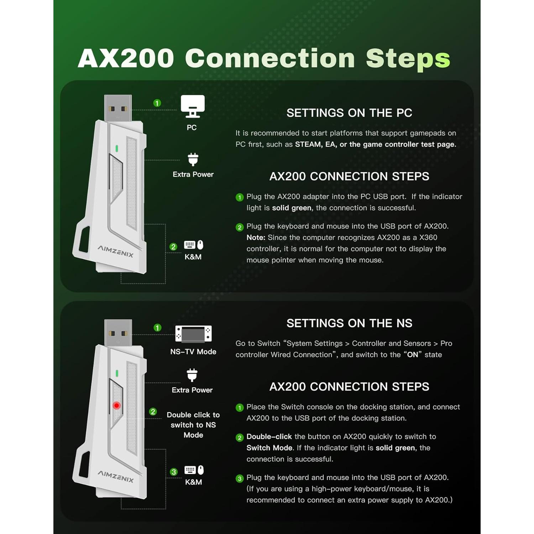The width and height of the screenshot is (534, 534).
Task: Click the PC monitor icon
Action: pos(193,106)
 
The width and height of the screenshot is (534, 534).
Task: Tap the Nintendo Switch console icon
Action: pos(193,334)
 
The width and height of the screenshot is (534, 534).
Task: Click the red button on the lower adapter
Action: pos(116,405)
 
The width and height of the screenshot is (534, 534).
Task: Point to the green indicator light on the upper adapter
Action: pos(117,148)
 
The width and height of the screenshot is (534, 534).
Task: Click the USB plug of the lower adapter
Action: pos(118,333)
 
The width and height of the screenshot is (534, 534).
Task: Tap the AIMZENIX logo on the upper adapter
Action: pos(116,251)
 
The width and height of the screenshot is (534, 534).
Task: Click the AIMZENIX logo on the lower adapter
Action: pos(116,476)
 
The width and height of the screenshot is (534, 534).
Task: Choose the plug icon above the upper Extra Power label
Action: pos(193,159)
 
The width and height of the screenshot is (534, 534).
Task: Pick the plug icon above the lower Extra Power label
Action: pos(192,375)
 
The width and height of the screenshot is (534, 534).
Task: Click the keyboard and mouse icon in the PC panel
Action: pos(194,245)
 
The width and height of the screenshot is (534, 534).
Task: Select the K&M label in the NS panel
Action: pos(193,482)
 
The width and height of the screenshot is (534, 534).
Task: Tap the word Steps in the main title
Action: pos(408,58)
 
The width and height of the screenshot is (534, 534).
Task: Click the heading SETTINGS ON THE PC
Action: pos(349,113)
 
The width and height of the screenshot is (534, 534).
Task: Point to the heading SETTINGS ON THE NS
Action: pos(349,323)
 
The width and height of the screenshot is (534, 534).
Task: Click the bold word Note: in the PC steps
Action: pos(256,237)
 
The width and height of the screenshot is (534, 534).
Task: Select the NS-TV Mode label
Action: pos(193,352)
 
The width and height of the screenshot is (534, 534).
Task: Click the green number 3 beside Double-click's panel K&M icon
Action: pos(174,472)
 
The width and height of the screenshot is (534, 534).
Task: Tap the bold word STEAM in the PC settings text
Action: pos(308,144)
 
